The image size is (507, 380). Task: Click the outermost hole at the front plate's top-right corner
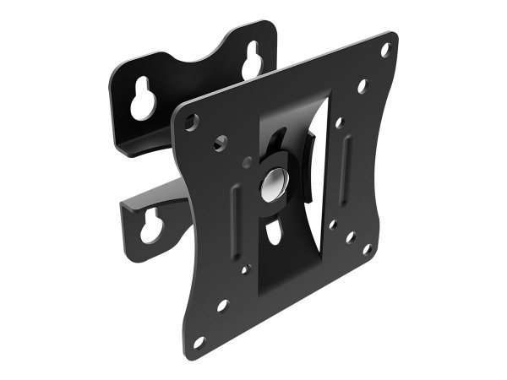point(384,50)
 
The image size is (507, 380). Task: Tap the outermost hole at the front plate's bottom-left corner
point(199,341)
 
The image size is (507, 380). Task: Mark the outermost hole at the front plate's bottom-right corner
point(366,249)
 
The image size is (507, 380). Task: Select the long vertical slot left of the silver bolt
point(236,221)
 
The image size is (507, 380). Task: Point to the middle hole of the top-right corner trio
point(362,85)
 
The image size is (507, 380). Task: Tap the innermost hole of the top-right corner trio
point(338,122)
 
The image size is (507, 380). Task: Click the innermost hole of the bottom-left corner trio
point(245,270)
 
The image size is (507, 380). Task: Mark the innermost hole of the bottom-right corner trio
point(335,225)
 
